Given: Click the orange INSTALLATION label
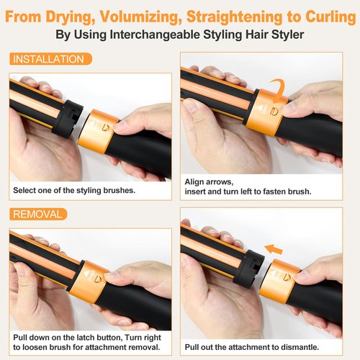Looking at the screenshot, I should pos(48,59).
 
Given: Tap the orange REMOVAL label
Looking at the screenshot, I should pos(38,214).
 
